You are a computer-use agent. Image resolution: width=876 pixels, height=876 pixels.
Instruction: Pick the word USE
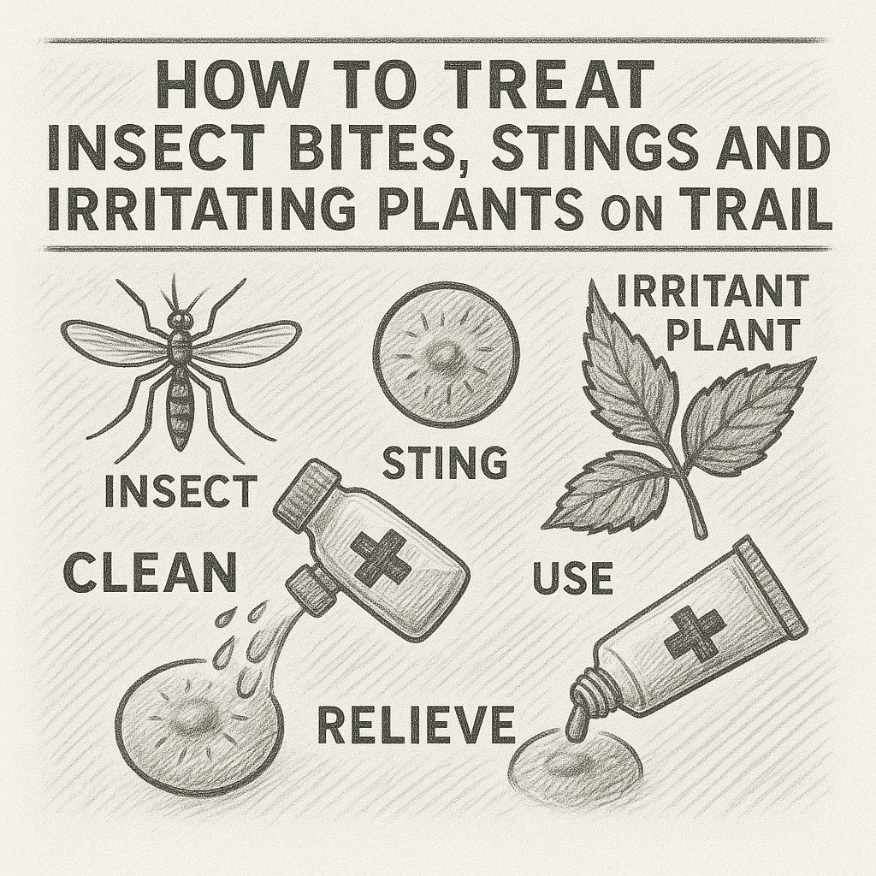(x=572, y=579)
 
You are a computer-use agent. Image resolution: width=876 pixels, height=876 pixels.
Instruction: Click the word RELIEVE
(x=416, y=725)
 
